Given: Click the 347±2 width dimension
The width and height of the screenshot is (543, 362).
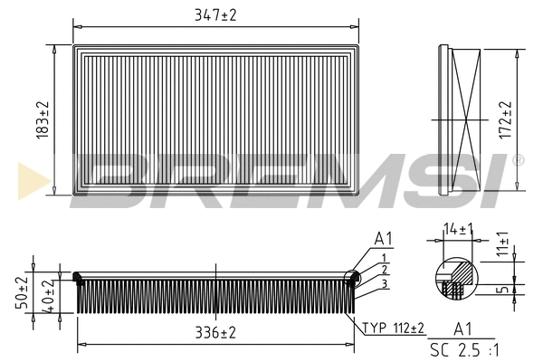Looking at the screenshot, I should (215, 15).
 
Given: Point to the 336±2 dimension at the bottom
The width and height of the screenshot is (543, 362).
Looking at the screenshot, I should (215, 333).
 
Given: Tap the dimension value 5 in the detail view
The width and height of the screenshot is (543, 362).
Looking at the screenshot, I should (505, 291).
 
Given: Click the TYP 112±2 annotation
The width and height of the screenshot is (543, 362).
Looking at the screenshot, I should (395, 328).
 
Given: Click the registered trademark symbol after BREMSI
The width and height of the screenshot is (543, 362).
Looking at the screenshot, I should (518, 160).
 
